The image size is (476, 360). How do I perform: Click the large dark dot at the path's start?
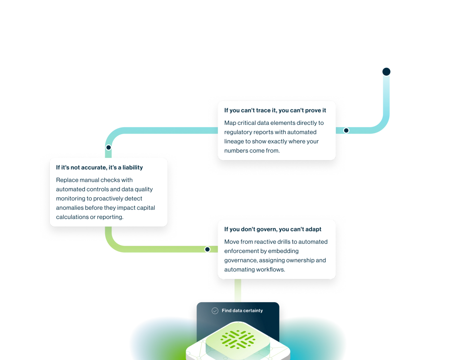pyautogui.click(x=386, y=72)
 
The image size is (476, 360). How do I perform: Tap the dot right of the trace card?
pyautogui.click(x=346, y=130)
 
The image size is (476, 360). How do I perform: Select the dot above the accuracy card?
pyautogui.click(x=108, y=147)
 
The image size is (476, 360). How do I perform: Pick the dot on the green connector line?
pyautogui.click(x=207, y=249)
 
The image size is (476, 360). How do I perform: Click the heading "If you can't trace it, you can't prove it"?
pyautogui.click(x=275, y=110)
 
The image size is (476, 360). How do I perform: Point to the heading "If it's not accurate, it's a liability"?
pyautogui.click(x=99, y=167)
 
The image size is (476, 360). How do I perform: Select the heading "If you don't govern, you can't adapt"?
pyautogui.click(x=273, y=229)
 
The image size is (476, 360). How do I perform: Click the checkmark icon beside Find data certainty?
pyautogui.click(x=215, y=311)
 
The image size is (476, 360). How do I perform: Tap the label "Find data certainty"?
pyautogui.click(x=242, y=311)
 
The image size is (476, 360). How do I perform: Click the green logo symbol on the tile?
pyautogui.click(x=238, y=339)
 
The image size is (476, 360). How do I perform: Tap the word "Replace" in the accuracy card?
pyautogui.click(x=67, y=180)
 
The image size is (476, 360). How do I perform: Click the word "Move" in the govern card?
pyautogui.click(x=231, y=242)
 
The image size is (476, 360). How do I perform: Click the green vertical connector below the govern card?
pyautogui.click(x=238, y=291)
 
